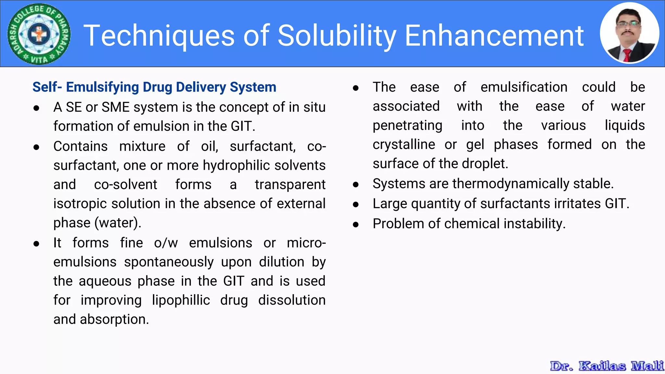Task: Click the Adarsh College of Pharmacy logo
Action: [39, 34]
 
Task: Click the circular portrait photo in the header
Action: [629, 33]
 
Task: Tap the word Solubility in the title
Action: [337, 36]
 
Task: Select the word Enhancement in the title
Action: [494, 36]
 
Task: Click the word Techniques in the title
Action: [159, 36]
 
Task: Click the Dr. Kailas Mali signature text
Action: [607, 366]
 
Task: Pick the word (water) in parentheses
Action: [118, 223]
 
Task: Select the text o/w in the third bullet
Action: [166, 243]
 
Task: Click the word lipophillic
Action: [181, 300]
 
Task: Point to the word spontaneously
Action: [169, 262]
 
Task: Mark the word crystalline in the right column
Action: [404, 144]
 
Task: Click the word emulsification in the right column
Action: [524, 87]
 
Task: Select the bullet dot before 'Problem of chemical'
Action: [356, 224]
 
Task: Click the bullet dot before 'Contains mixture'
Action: [36, 147]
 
